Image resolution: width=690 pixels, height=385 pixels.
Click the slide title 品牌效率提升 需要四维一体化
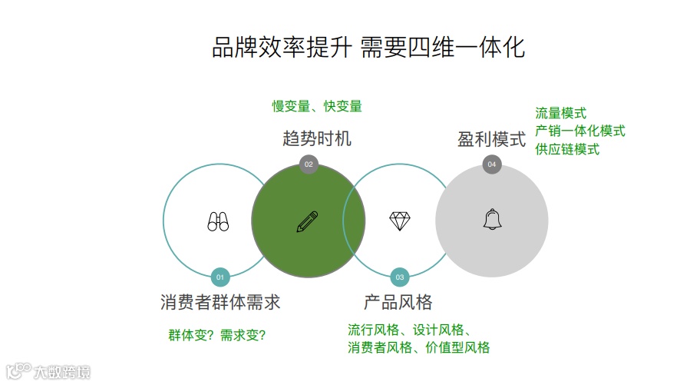tap(368, 48)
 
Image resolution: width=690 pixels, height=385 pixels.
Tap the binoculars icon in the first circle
tap(218, 221)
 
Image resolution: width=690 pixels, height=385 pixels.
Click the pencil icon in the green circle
tap(307, 221)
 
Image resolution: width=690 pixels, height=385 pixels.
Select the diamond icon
tap(400, 221)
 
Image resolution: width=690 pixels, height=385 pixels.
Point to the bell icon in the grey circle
tap(492, 220)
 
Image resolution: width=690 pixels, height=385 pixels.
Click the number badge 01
tap(220, 276)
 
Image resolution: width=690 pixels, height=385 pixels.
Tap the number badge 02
tap(309, 164)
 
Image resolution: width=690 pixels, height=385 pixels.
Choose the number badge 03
tap(399, 276)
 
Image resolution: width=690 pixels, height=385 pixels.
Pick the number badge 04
tap(492, 164)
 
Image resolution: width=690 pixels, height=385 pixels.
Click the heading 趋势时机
tap(317, 139)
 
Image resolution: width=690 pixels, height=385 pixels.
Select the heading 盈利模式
tap(492, 139)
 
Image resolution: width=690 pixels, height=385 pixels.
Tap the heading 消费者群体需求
tap(220, 302)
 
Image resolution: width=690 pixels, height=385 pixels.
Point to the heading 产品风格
tap(398, 302)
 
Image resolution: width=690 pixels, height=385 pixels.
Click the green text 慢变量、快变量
tap(317, 106)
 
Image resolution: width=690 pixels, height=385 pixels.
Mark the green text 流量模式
tap(561, 113)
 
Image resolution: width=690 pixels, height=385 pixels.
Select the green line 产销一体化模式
tap(580, 131)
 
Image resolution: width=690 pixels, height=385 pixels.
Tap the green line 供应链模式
tap(567, 149)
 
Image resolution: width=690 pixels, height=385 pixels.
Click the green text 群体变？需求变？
tap(217, 335)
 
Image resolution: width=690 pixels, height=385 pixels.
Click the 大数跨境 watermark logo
tap(48, 372)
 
